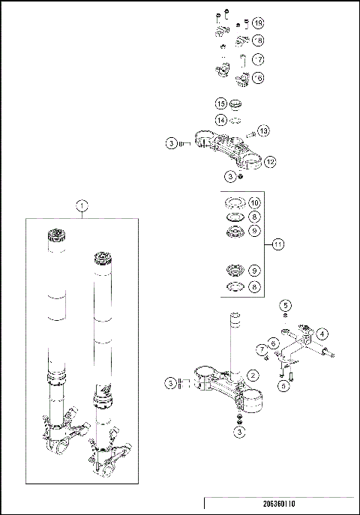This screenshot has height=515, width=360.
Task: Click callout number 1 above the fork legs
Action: (82, 205)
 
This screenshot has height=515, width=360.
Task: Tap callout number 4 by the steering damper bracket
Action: (322, 333)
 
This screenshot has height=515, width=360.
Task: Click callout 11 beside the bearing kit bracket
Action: (278, 244)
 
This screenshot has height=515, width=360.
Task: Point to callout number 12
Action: (270, 161)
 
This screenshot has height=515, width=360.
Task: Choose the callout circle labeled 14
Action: (221, 120)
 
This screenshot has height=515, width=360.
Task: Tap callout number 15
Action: (221, 103)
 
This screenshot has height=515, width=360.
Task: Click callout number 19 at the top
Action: (258, 22)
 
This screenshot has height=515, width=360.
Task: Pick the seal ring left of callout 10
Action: (234, 202)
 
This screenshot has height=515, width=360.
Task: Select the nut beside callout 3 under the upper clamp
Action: (240, 177)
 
